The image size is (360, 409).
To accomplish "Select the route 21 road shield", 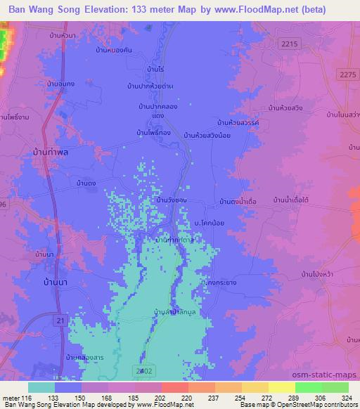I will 61,319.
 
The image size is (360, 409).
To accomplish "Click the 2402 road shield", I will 141,370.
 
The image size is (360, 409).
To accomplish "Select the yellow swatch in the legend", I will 282,387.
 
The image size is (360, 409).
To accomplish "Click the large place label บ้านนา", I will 44,268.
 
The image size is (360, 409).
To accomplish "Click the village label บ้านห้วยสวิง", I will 285,108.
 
